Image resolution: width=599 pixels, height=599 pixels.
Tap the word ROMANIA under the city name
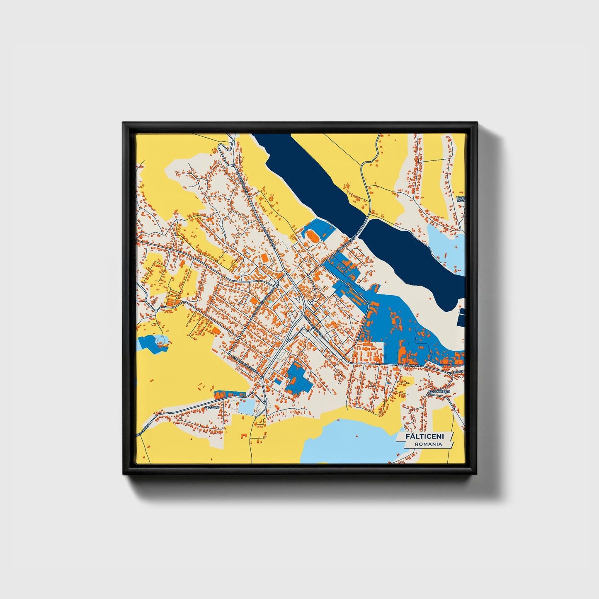point(428,444)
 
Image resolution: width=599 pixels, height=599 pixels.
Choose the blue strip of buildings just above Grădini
point(228,394)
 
